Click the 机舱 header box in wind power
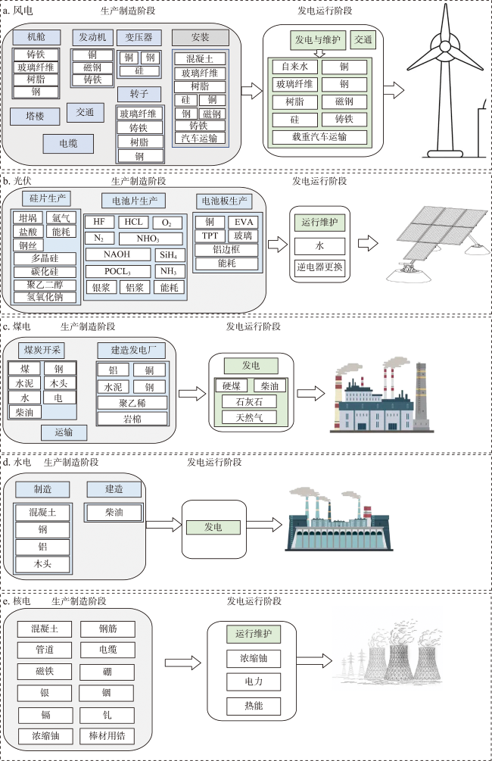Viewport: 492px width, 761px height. [x=36, y=37]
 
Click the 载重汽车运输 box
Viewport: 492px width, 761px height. [x=319, y=137]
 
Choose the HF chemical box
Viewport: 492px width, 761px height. [x=99, y=222]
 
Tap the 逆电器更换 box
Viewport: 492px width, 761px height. [x=319, y=267]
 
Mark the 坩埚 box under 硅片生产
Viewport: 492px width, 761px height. [x=28, y=218]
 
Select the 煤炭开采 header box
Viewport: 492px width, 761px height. [x=43, y=351]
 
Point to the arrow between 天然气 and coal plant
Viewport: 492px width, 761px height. [x=311, y=394]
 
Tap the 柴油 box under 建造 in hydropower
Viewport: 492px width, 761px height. [x=114, y=513]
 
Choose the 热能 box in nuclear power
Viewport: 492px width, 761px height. [x=253, y=706]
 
